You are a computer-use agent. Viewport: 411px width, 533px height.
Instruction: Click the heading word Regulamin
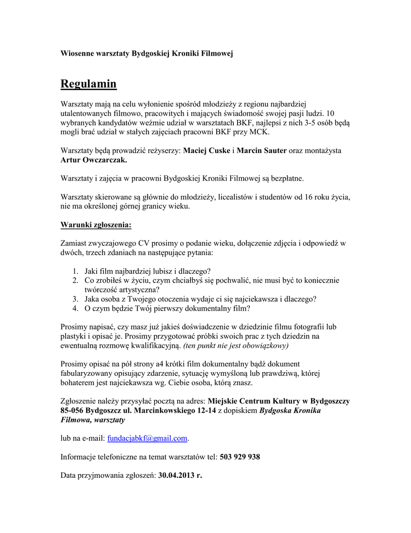[x=88, y=84]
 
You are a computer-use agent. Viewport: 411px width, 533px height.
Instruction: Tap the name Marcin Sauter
[x=262, y=150]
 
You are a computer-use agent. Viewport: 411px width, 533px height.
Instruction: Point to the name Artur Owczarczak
[x=94, y=160]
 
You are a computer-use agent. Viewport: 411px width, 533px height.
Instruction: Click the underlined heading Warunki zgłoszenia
[x=96, y=225]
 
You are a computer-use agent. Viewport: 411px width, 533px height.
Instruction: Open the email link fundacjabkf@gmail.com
[x=147, y=438]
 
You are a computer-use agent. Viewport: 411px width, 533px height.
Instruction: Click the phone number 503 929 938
[x=240, y=457]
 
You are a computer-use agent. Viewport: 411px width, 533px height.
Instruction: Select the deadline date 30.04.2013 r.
[x=180, y=476]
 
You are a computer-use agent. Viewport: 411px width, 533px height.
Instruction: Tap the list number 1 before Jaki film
[x=75, y=271]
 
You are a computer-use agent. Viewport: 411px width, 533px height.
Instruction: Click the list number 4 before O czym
[x=75, y=309]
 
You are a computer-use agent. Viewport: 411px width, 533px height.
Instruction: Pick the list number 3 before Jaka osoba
[x=75, y=299]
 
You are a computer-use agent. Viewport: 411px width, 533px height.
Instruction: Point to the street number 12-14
[x=204, y=410]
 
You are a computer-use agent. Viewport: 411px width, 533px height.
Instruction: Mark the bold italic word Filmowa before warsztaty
[x=75, y=420]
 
